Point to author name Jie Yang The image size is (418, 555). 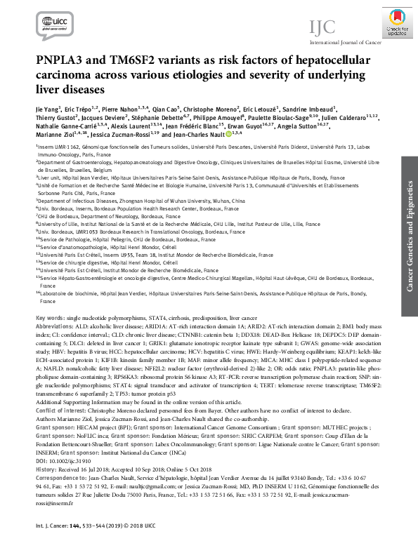pos(47,109)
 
